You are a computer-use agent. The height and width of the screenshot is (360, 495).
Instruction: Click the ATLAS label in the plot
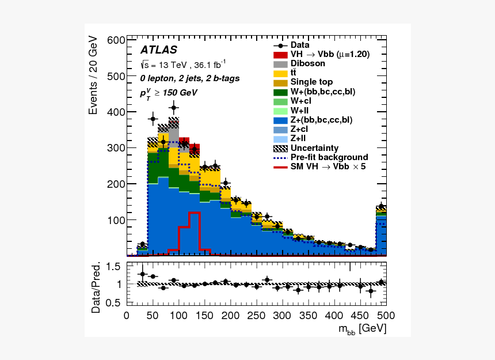tap(159, 50)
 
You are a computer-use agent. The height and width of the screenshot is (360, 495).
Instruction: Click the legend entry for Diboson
tap(307, 63)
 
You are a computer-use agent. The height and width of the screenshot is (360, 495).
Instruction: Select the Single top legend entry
tap(311, 82)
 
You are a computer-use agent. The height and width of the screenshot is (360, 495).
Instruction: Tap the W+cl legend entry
tap(301, 101)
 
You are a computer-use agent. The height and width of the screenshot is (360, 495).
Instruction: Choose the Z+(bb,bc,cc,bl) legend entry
tap(321, 120)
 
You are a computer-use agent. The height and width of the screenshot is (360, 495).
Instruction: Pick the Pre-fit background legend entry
tap(329, 157)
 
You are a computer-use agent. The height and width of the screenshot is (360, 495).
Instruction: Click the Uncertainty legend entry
tap(314, 148)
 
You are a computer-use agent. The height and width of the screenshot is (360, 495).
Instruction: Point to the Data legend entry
tap(300, 45)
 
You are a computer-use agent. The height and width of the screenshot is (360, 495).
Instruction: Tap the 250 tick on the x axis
tap(256, 316)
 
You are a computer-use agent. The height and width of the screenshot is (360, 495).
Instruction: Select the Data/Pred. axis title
tap(96, 287)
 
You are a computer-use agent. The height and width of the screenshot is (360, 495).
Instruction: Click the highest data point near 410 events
tap(174, 107)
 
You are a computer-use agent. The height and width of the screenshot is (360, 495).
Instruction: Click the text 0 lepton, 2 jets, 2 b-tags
tap(190, 78)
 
